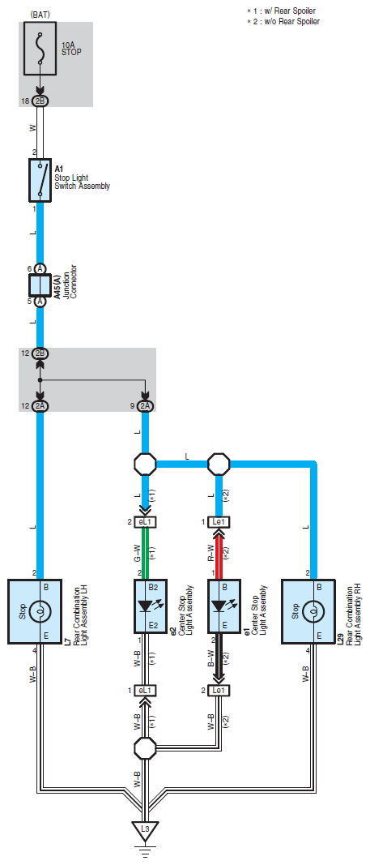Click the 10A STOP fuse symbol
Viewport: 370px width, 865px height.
point(40,49)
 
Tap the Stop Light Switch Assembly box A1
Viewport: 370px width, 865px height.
point(40,181)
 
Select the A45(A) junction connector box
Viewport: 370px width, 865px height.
point(40,285)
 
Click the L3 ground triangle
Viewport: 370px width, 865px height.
point(146,829)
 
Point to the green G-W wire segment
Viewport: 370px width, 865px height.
point(146,554)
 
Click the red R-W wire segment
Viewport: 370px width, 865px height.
point(219,554)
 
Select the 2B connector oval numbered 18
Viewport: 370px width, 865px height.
point(40,101)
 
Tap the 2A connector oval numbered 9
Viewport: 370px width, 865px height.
point(146,406)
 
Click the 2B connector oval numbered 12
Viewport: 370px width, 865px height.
point(40,353)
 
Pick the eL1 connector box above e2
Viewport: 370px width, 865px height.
point(146,522)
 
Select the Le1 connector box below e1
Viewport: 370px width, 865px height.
point(219,690)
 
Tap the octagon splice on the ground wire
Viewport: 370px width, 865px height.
point(146,747)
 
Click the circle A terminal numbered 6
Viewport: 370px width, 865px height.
point(40,268)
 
